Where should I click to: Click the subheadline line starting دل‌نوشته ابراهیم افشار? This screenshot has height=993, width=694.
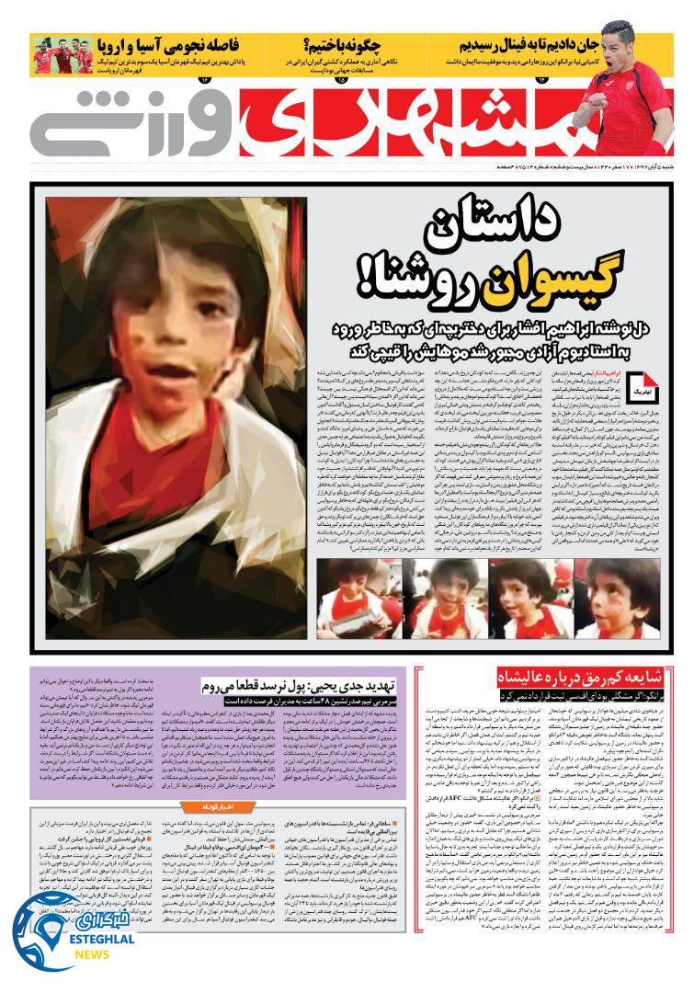492,329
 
